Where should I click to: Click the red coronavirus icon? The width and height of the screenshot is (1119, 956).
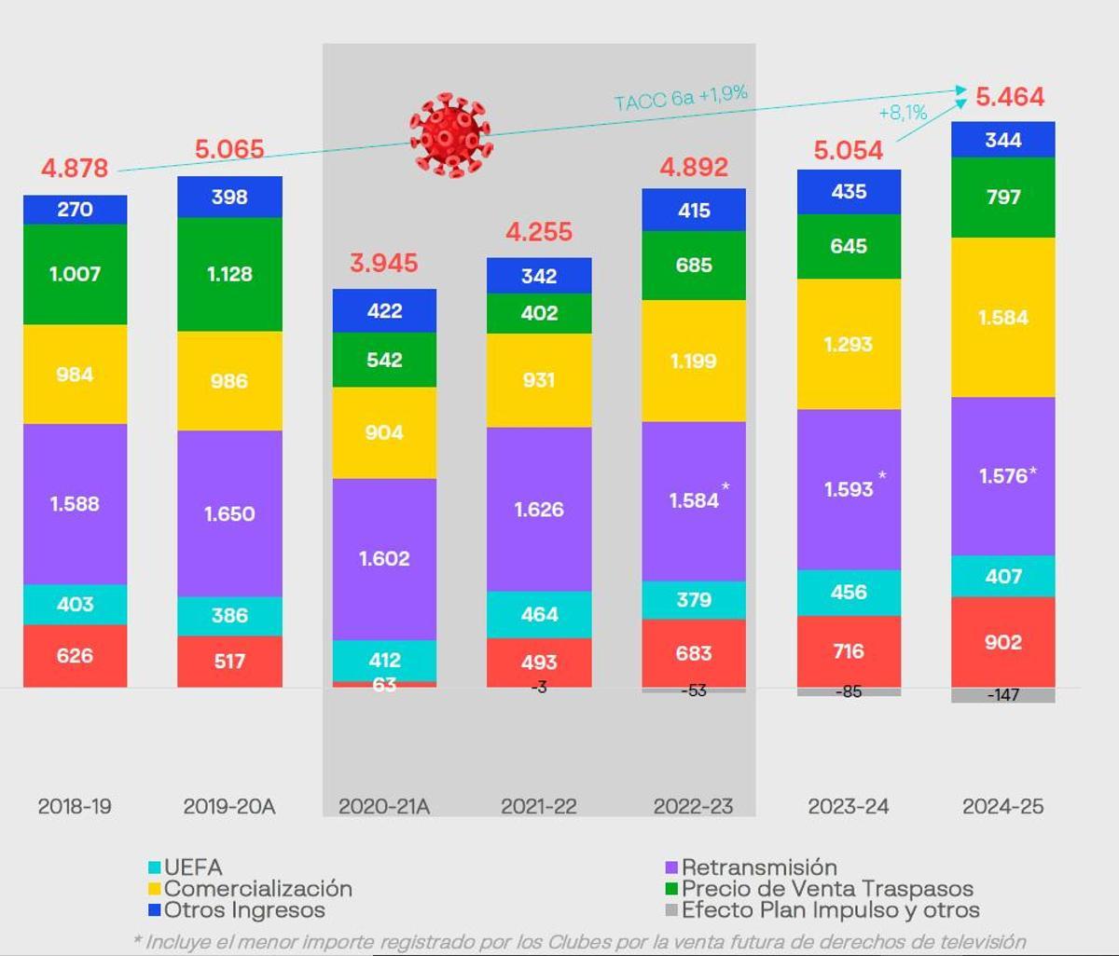click(x=450, y=135)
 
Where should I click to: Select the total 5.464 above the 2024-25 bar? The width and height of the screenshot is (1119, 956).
click(x=1010, y=97)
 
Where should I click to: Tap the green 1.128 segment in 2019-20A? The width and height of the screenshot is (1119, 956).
click(x=229, y=274)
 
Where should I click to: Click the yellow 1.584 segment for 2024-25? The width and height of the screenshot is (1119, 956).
click(x=1003, y=318)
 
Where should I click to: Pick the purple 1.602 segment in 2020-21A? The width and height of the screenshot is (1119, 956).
click(x=384, y=558)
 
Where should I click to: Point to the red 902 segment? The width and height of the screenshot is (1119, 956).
click(x=1003, y=642)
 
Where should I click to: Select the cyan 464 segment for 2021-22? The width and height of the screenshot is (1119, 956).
click(x=539, y=614)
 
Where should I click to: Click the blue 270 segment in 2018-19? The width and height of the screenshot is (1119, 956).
click(x=75, y=210)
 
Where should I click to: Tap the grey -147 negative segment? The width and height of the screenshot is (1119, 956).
click(x=1003, y=695)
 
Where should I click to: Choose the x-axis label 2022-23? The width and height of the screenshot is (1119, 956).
click(x=694, y=807)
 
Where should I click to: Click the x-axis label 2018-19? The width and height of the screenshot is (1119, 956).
click(x=75, y=807)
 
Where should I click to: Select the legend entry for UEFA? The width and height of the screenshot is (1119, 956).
click(x=186, y=867)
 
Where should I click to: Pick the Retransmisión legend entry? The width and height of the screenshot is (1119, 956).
click(x=751, y=867)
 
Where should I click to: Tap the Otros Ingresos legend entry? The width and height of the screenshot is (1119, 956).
click(x=237, y=910)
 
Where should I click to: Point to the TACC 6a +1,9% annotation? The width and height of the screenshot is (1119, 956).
click(x=681, y=98)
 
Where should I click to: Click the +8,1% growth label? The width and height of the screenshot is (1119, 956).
click(x=903, y=113)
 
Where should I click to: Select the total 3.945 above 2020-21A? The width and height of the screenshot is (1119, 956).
click(x=384, y=263)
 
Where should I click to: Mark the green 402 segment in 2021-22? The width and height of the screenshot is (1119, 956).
click(x=539, y=313)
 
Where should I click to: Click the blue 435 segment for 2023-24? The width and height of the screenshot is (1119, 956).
click(x=849, y=192)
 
